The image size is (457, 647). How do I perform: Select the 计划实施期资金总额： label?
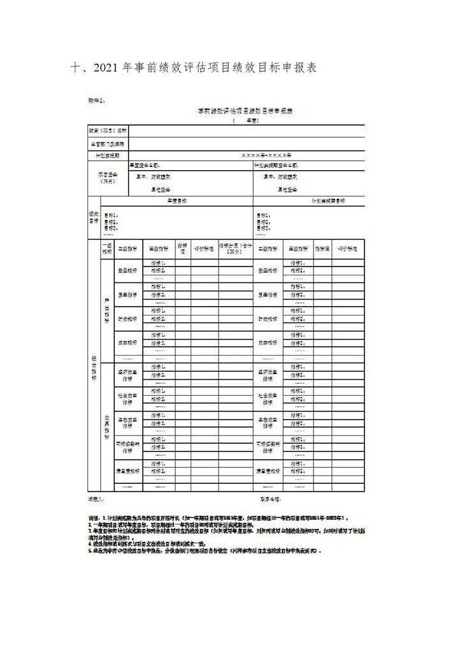coord(276,165)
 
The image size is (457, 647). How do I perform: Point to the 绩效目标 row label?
coord(94,218)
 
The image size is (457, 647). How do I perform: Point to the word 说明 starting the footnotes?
coord(93,520)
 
